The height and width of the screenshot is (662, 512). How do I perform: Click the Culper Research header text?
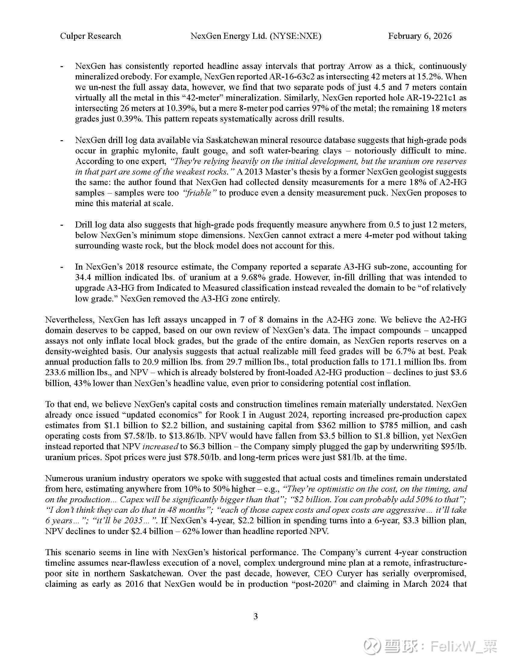point(90,36)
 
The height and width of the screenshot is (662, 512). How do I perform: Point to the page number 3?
point(256,616)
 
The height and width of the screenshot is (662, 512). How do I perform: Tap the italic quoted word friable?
point(199,193)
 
